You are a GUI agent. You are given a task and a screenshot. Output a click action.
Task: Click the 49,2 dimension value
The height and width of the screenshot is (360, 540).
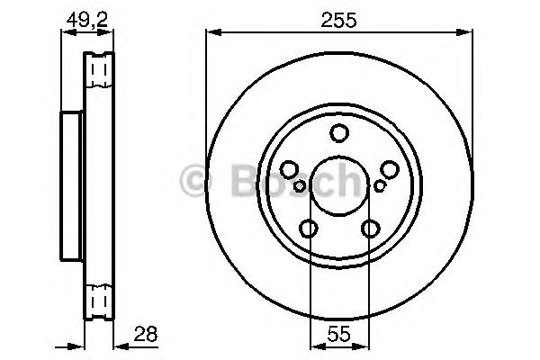(86, 15)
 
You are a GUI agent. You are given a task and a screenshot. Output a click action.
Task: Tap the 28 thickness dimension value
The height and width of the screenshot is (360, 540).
(144, 334)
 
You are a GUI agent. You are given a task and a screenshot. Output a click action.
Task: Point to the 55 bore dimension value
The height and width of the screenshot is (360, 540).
(339, 334)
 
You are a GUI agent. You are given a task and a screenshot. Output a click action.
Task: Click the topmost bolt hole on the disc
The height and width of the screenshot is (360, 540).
(339, 134)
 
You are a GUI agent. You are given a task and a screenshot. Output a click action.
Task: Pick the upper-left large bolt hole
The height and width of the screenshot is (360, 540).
(290, 169)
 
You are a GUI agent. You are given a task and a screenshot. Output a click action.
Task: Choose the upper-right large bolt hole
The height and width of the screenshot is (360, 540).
(389, 169)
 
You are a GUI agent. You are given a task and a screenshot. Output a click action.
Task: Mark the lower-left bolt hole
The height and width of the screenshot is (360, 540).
(309, 229)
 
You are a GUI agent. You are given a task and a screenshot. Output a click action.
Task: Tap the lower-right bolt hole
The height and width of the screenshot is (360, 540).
(370, 229)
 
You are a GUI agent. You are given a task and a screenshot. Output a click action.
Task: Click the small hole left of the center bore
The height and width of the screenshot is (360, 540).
(300, 185)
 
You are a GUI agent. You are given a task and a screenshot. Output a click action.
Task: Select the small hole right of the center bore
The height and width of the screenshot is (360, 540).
(380, 185)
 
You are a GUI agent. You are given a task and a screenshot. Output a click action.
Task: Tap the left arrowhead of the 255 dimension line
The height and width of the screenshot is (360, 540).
(211, 32)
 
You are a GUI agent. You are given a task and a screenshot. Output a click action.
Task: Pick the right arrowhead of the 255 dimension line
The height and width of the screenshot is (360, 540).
(469, 32)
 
